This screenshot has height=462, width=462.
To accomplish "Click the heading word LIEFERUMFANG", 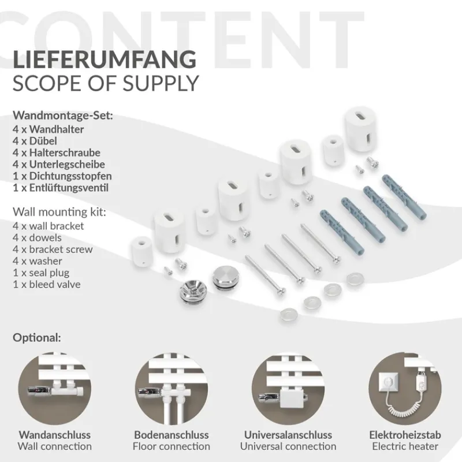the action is pos(105,59).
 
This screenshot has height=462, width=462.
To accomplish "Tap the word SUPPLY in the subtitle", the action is pos(161,84).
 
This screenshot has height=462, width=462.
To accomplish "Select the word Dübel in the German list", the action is pos(43,141).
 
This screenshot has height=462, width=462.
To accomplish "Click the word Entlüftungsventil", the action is pos(69,188).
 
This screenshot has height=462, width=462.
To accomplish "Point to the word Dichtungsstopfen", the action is pos(70,176).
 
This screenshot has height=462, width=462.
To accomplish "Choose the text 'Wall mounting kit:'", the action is pos(59,212).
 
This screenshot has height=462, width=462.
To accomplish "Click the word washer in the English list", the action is pos(46,261).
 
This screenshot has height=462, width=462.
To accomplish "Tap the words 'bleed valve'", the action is pos(54,284).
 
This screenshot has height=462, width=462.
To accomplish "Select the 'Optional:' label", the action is pos(37,338).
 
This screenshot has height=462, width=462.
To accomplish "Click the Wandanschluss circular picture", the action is pos(55,389).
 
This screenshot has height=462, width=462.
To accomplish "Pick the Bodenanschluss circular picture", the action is pos(172,389).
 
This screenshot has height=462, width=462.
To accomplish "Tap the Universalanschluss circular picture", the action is pos(288,389).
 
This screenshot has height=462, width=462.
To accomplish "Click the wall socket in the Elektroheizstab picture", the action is pos(388,382).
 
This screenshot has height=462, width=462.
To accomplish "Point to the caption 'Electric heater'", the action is pos(405,446).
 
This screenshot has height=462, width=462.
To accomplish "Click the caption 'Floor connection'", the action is pos(172,446).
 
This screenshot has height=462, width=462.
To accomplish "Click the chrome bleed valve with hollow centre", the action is pos(191,291).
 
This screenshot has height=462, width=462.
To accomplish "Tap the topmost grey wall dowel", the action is pos(404,196).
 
